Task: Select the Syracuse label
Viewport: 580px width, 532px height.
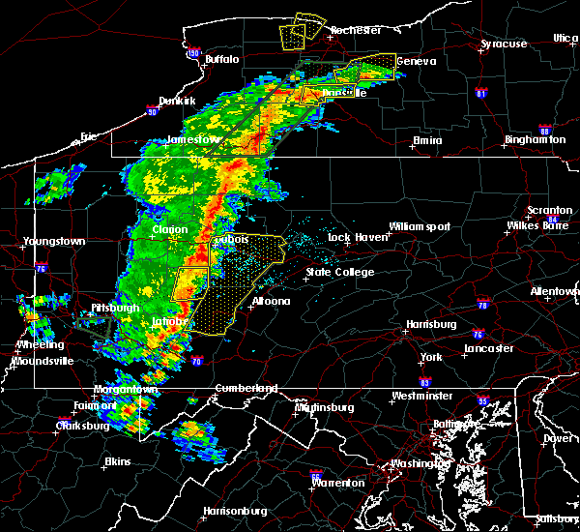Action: [505, 44]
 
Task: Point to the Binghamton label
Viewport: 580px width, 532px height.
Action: [535, 140]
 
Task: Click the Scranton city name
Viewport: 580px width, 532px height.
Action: [549, 210]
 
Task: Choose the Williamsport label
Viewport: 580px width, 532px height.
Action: [420, 226]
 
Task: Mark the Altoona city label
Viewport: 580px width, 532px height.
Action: [271, 301]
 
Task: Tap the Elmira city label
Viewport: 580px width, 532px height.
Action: [427, 140]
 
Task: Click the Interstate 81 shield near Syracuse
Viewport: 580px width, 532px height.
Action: [480, 94]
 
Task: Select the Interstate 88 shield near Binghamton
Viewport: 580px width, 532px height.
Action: [545, 132]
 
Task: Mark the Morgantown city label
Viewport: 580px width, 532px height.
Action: [126, 389]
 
